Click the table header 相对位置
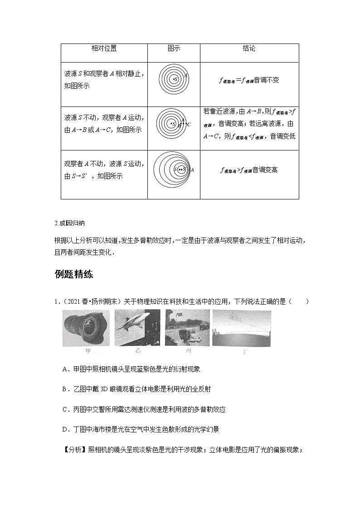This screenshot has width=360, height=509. click(x=104, y=48)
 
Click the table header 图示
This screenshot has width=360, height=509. click(x=174, y=48)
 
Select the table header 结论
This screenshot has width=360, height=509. click(x=249, y=48)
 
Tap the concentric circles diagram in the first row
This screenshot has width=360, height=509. click(x=174, y=80)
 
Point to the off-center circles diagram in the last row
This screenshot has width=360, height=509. click(x=174, y=170)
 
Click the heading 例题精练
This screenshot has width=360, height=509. click(x=73, y=274)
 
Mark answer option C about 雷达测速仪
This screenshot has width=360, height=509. click(x=143, y=409)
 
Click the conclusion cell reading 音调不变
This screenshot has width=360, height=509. click(x=249, y=80)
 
